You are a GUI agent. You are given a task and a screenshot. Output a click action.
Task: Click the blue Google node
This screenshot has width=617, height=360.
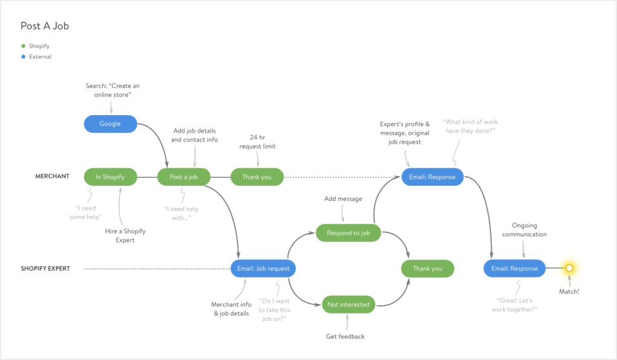click(110, 124)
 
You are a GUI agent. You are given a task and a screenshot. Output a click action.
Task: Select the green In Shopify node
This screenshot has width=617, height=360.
click(110, 177)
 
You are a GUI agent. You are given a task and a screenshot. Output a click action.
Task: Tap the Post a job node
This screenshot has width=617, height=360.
click(184, 177)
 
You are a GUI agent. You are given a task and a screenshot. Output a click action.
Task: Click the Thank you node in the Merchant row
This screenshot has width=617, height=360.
click(257, 177)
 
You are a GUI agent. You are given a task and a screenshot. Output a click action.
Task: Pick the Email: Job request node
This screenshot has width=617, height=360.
click(263, 268)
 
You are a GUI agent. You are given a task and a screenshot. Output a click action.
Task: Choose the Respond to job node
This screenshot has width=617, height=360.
click(348, 233)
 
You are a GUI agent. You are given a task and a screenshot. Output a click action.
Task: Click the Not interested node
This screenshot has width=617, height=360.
click(348, 305)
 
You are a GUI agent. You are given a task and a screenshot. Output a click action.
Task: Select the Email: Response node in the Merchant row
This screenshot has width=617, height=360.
click(433, 177)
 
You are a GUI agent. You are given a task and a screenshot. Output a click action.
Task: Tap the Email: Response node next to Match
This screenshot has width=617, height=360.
click(514, 268)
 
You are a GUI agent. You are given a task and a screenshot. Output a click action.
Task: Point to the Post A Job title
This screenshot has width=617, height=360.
click(49, 26)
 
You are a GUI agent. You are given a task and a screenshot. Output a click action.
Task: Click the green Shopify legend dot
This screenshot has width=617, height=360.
click(23, 46)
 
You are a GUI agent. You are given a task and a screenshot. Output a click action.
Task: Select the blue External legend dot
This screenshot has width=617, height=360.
click(23, 57)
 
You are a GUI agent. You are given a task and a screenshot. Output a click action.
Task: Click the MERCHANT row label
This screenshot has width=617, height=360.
click(52, 177)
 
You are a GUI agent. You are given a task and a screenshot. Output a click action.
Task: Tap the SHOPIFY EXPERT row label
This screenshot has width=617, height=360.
click(45, 268)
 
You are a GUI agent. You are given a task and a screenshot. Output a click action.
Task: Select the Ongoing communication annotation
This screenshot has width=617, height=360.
click(524, 230)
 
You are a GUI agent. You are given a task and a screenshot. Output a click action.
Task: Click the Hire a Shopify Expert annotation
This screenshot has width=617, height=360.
click(126, 235)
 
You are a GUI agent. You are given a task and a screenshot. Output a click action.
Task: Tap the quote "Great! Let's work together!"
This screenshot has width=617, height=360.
click(516, 305)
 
